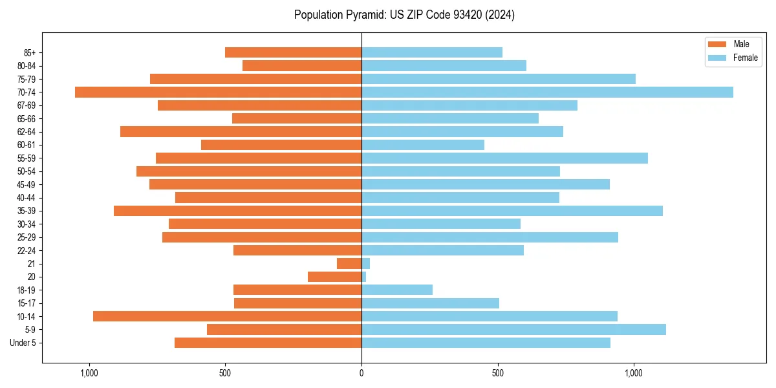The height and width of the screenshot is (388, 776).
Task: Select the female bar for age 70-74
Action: (547, 92)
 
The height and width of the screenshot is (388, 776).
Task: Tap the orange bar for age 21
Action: (349, 263)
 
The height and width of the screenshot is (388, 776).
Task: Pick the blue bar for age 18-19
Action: (397, 290)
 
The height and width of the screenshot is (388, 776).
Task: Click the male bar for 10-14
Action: (227, 316)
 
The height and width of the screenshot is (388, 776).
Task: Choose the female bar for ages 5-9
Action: (513, 329)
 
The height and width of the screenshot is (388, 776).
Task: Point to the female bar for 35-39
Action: (512, 211)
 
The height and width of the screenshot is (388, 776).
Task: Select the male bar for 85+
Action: (293, 52)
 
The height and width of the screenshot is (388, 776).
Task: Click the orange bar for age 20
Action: (334, 277)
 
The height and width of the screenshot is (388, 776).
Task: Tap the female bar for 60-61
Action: (423, 145)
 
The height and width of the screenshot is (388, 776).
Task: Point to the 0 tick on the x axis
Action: (361, 373)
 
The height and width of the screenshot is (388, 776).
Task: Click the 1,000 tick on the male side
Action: (89, 373)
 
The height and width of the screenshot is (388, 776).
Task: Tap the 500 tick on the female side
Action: (497, 373)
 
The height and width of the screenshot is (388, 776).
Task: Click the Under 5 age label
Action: (23, 343)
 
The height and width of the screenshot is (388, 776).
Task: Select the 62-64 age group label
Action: (27, 132)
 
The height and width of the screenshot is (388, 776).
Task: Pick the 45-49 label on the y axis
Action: (27, 184)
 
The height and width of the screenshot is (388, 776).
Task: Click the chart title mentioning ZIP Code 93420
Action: (404, 15)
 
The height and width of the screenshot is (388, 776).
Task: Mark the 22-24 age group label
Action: (27, 250)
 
